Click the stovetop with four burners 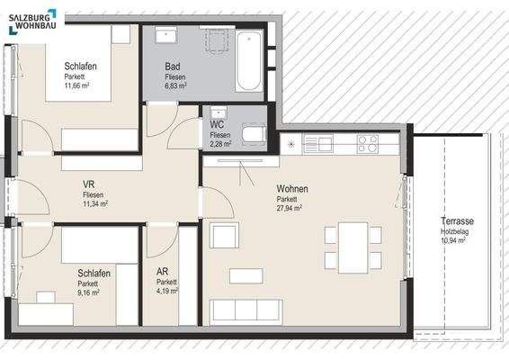tap(366, 142)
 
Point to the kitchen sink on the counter tap(318, 142)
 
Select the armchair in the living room tap(224, 235)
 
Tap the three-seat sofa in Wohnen tap(246, 310)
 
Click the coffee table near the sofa tap(246, 274)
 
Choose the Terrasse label tap(458, 221)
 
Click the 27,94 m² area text tap(289, 208)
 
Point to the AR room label tap(162, 270)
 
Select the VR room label tap(88, 184)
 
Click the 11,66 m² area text tap(79, 87)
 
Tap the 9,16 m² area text tap(87, 292)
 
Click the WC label tap(217, 124)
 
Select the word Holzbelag tap(457, 231)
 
